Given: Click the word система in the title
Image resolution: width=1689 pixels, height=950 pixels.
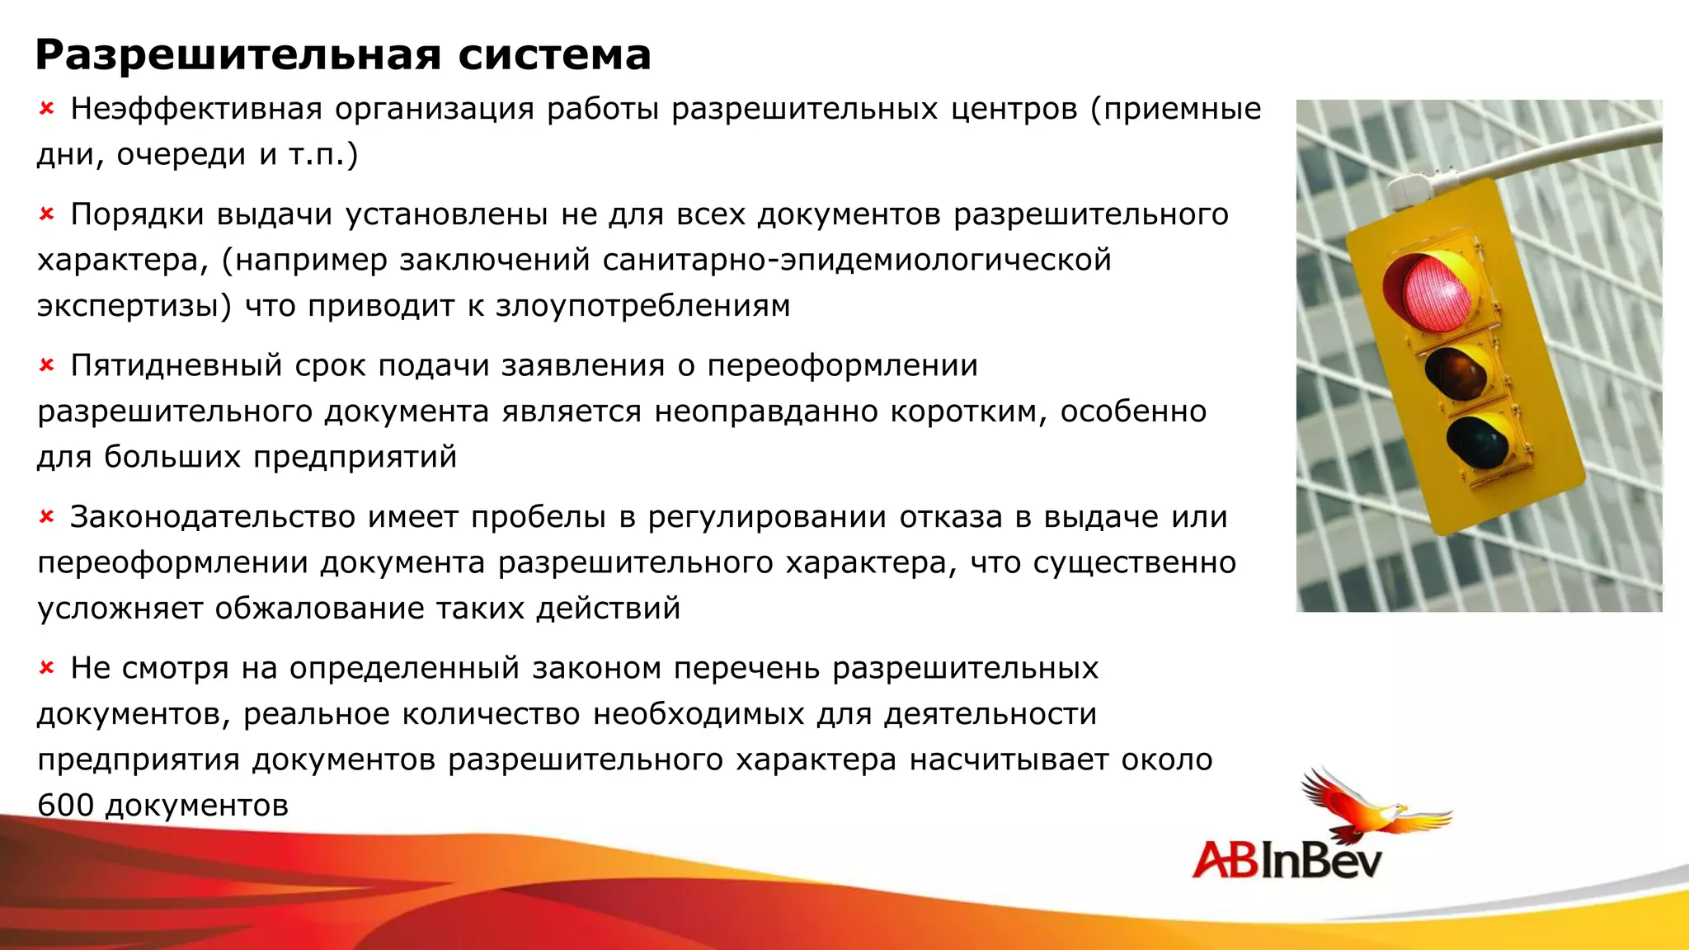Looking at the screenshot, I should [554, 56].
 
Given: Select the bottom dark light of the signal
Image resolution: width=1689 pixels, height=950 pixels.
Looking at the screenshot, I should [1477, 441].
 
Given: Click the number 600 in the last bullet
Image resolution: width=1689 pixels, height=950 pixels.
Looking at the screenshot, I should [66, 805].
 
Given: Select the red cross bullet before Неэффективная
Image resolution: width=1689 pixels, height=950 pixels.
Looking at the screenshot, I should [47, 108].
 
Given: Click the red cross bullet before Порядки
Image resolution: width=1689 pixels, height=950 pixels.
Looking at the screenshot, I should [47, 214].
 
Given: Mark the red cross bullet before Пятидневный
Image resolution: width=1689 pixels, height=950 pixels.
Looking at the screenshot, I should [47, 364].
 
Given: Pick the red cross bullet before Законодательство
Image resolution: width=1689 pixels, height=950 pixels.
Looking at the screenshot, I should [47, 516].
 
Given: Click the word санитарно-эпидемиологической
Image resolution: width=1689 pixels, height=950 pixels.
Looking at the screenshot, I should [857, 260].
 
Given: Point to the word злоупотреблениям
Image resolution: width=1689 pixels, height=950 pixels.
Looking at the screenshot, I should [642, 306].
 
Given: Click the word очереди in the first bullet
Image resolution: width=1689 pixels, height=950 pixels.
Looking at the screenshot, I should [181, 154].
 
